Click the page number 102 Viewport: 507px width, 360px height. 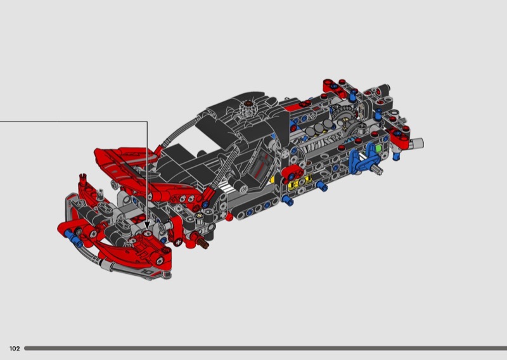[x=15, y=349]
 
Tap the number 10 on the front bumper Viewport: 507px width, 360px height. [x=148, y=271]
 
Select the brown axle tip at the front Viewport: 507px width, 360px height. [x=205, y=245]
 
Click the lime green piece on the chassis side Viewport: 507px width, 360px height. [x=378, y=149]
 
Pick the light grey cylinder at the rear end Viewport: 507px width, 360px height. [x=417, y=143]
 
